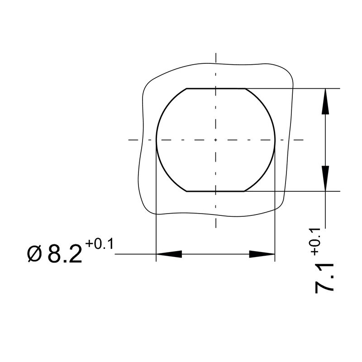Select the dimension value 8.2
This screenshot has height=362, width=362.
point(65,254)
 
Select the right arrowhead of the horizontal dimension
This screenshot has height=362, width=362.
point(262,254)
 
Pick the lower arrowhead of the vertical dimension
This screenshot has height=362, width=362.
point(325,178)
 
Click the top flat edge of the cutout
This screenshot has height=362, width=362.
point(216,88)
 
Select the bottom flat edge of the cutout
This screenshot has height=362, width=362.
point(216,191)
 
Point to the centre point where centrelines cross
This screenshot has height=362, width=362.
point(216,140)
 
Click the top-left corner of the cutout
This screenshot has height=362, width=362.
point(187,88)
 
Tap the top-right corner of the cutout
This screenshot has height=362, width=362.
point(245,88)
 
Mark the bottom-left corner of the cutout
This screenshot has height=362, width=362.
point(187,191)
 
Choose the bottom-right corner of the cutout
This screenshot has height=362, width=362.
point(245,191)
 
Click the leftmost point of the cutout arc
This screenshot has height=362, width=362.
point(157,140)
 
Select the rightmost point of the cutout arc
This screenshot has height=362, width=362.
point(275,140)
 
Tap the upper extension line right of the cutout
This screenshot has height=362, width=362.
point(294,88)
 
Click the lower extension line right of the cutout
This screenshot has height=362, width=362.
point(294,191)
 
